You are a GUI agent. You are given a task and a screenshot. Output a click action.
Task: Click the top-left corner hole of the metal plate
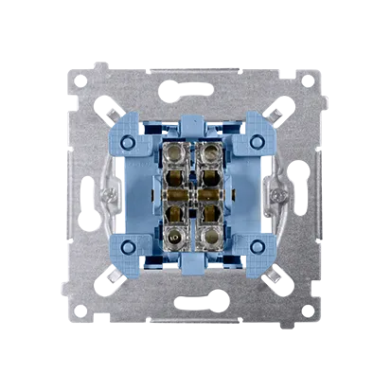click(x=81, y=80)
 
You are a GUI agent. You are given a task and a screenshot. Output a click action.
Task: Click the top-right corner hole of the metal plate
click(x=309, y=80)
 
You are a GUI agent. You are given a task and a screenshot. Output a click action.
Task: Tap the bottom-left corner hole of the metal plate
click(x=81, y=309)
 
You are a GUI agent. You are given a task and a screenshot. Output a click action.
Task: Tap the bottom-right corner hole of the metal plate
click(x=309, y=309)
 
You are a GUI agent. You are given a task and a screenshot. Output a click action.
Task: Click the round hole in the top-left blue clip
click(x=136, y=141)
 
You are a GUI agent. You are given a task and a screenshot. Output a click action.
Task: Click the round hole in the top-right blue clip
click(x=255, y=141)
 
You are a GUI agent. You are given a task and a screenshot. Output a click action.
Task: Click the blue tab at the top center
click(x=195, y=124)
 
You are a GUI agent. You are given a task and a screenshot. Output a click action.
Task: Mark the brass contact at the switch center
click(x=195, y=195)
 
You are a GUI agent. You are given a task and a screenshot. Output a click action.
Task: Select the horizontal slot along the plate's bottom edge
click(x=195, y=301)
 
